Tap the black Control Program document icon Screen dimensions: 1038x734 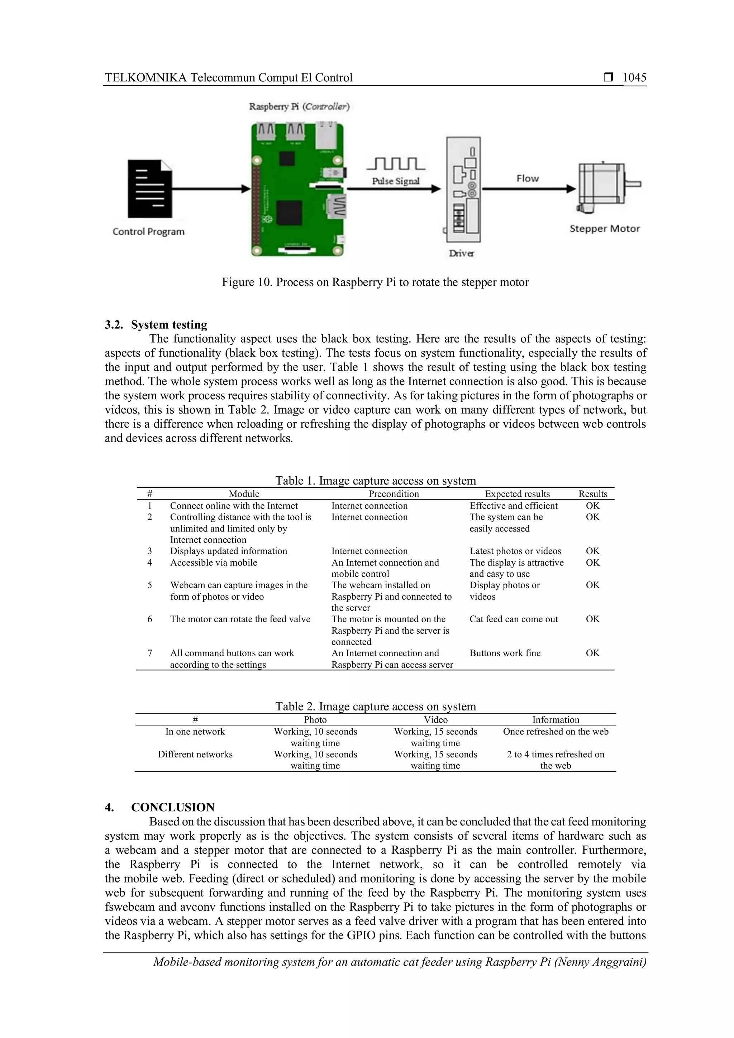pyautogui.click(x=149, y=189)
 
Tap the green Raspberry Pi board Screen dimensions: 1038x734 pyautogui.click(x=297, y=190)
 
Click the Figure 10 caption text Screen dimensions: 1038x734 pyautogui.click(x=375, y=282)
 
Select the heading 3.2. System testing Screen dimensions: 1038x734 pyautogui.click(x=156, y=325)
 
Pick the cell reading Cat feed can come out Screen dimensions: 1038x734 pyautogui.click(x=514, y=619)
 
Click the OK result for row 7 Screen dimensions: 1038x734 pyautogui.click(x=592, y=653)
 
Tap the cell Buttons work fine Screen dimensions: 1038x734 pyautogui.click(x=505, y=653)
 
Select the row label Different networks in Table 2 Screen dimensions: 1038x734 pyautogui.click(x=195, y=754)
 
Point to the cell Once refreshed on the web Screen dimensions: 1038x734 pyautogui.click(x=556, y=732)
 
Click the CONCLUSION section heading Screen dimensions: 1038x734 pyautogui.click(x=173, y=808)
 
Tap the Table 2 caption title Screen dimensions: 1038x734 pyautogui.click(x=376, y=706)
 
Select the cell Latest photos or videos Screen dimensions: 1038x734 pyautogui.click(x=515, y=551)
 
